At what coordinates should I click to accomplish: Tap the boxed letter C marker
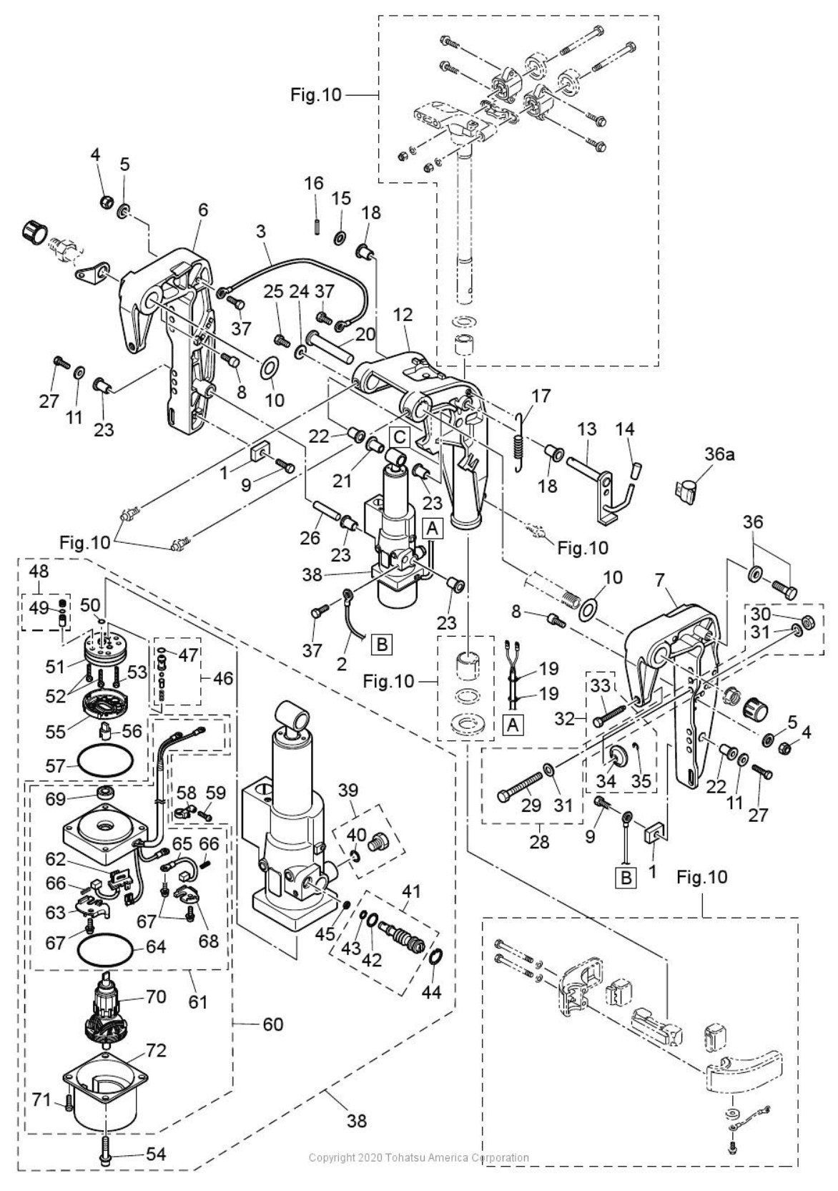[398, 435]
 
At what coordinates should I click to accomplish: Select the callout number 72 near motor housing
[157, 1051]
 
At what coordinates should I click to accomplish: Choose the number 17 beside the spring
[541, 395]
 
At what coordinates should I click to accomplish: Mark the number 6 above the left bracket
[203, 210]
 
